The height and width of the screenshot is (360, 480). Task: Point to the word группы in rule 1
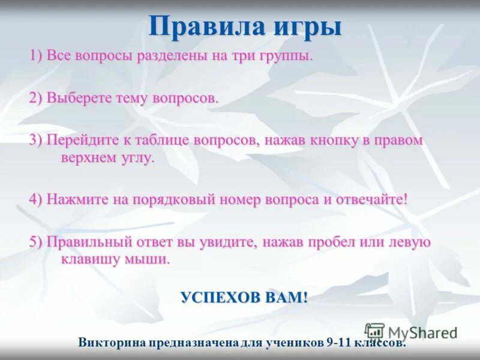(x=287, y=57)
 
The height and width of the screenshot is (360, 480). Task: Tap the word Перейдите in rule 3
(x=77, y=140)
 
